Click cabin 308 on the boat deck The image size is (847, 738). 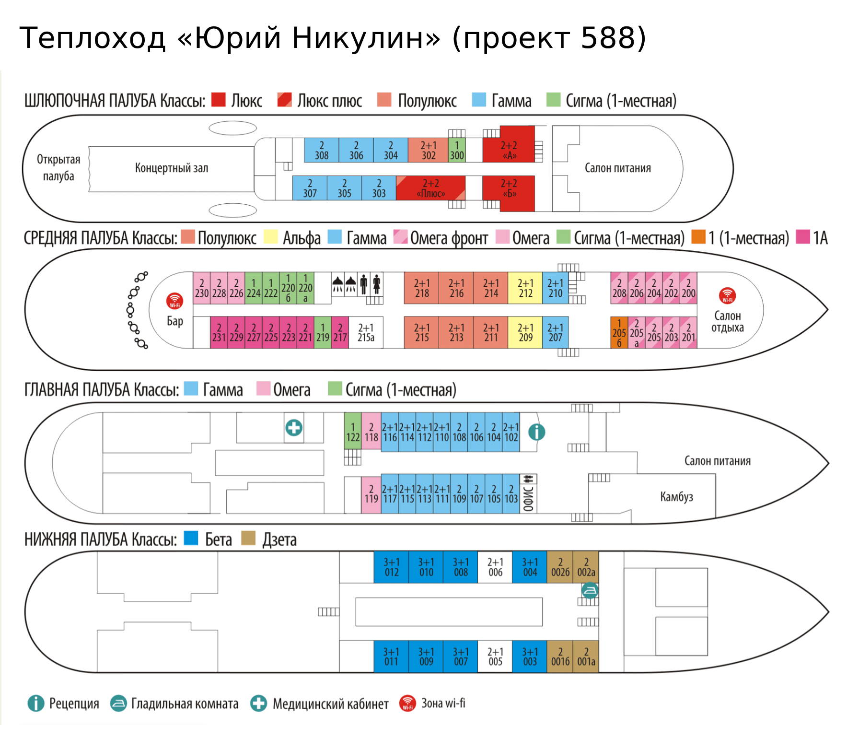click(321, 151)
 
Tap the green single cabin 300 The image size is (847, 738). click(456, 151)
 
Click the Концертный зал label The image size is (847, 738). click(171, 168)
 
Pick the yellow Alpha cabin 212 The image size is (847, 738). click(525, 288)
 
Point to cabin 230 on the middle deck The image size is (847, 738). click(202, 288)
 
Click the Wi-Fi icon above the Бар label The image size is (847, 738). click(174, 301)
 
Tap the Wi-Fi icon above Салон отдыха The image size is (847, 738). click(727, 295)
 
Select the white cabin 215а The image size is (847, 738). click(366, 332)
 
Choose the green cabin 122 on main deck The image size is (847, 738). click(353, 432)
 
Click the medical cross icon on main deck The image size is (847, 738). click(294, 427)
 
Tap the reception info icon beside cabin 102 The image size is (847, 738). click(536, 432)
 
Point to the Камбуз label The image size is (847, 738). click(676, 497)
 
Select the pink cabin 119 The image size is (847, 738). click(371, 494)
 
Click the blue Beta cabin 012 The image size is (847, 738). click(391, 567)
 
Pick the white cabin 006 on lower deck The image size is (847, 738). click(495, 567)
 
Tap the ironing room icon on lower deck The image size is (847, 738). click(589, 590)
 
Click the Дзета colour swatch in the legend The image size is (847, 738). click(248, 538)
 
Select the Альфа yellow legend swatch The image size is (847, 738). click(270, 237)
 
